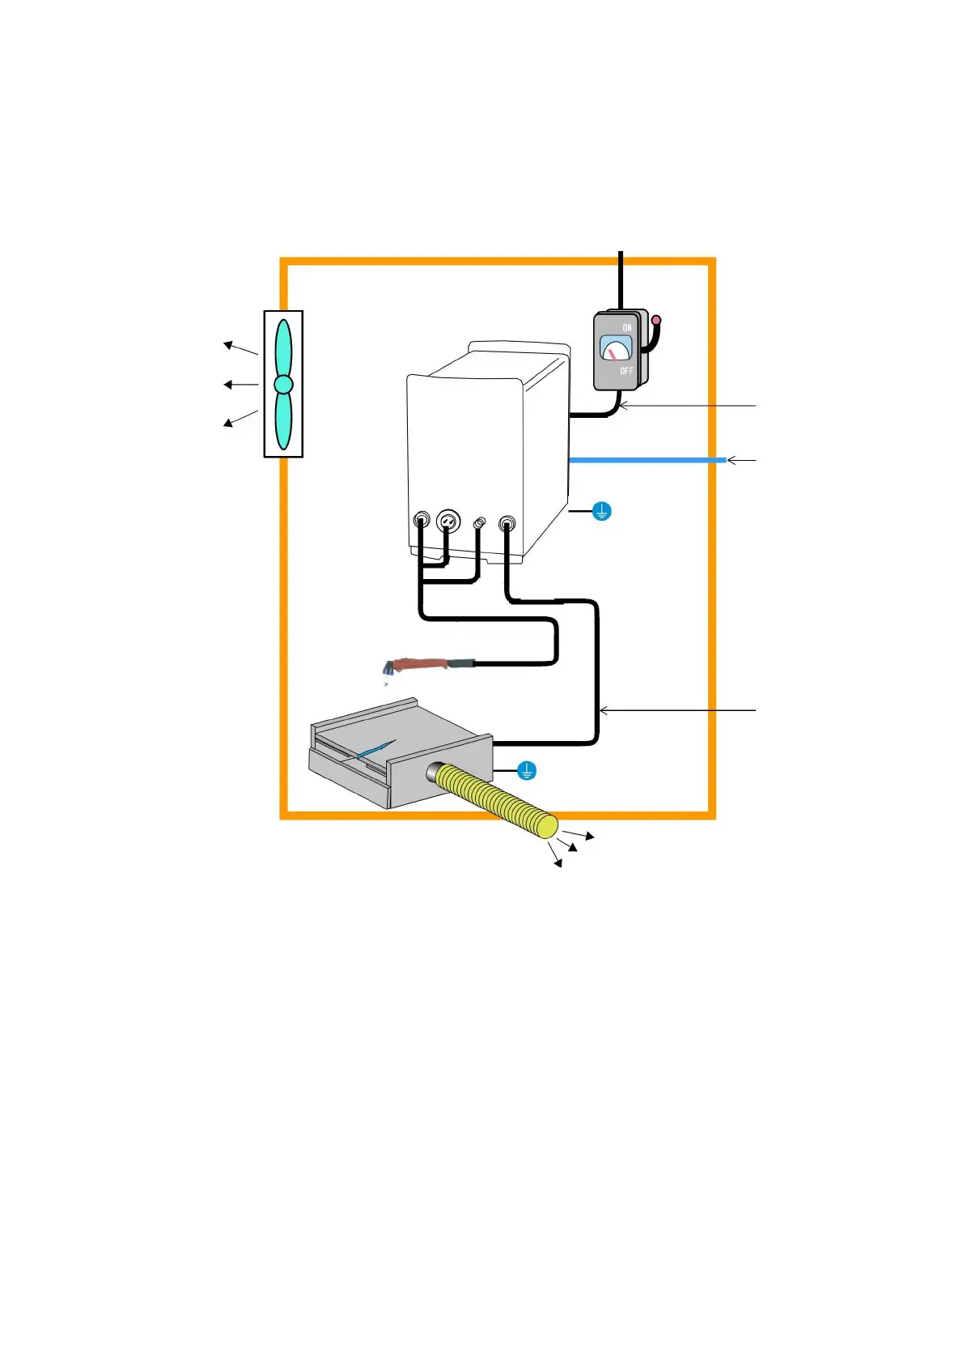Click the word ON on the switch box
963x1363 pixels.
[627, 328]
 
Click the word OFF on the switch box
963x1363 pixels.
[626, 371]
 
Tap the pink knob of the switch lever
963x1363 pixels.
[656, 321]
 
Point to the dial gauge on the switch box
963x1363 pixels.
[616, 349]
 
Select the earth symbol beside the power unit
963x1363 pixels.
[601, 512]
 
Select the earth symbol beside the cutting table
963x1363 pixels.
[526, 770]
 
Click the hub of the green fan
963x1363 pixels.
[283, 384]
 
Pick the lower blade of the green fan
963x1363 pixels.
[283, 421]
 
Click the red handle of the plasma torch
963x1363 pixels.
[421, 666]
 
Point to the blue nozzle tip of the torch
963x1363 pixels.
[388, 670]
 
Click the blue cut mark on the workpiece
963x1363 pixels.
[376, 749]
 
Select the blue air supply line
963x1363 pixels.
[647, 460]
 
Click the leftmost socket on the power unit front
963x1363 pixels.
[422, 520]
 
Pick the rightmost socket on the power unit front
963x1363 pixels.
[507, 523]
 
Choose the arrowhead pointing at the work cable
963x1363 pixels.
[603, 711]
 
